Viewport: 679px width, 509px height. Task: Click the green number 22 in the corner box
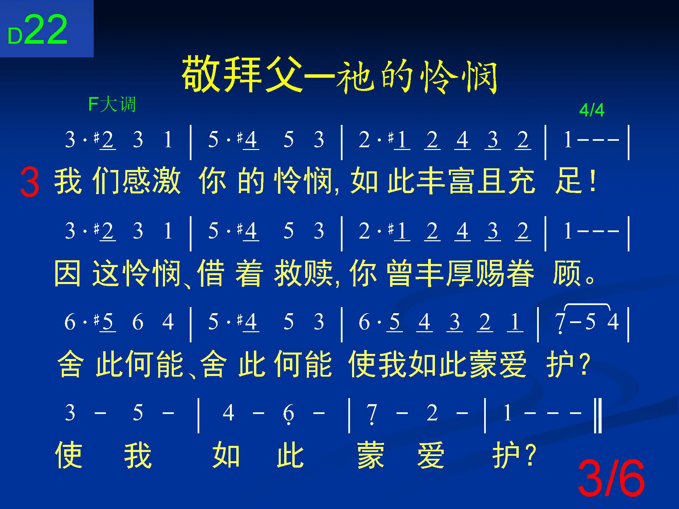click(46, 30)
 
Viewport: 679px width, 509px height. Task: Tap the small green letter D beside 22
click(15, 36)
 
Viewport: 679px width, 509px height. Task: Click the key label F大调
click(112, 104)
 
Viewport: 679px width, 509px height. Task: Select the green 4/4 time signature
click(592, 110)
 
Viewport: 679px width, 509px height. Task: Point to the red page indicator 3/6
click(611, 478)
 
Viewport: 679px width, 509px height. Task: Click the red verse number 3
click(30, 183)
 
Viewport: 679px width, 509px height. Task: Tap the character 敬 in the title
click(202, 75)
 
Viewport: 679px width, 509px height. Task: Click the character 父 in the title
click(283, 75)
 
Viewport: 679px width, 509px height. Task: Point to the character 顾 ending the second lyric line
click(566, 273)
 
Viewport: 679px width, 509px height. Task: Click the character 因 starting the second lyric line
click(68, 273)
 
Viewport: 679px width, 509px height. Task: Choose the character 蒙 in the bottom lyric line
click(371, 455)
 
